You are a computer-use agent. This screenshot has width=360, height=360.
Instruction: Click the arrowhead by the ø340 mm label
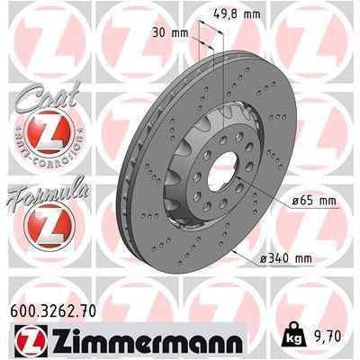point(237,253)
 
